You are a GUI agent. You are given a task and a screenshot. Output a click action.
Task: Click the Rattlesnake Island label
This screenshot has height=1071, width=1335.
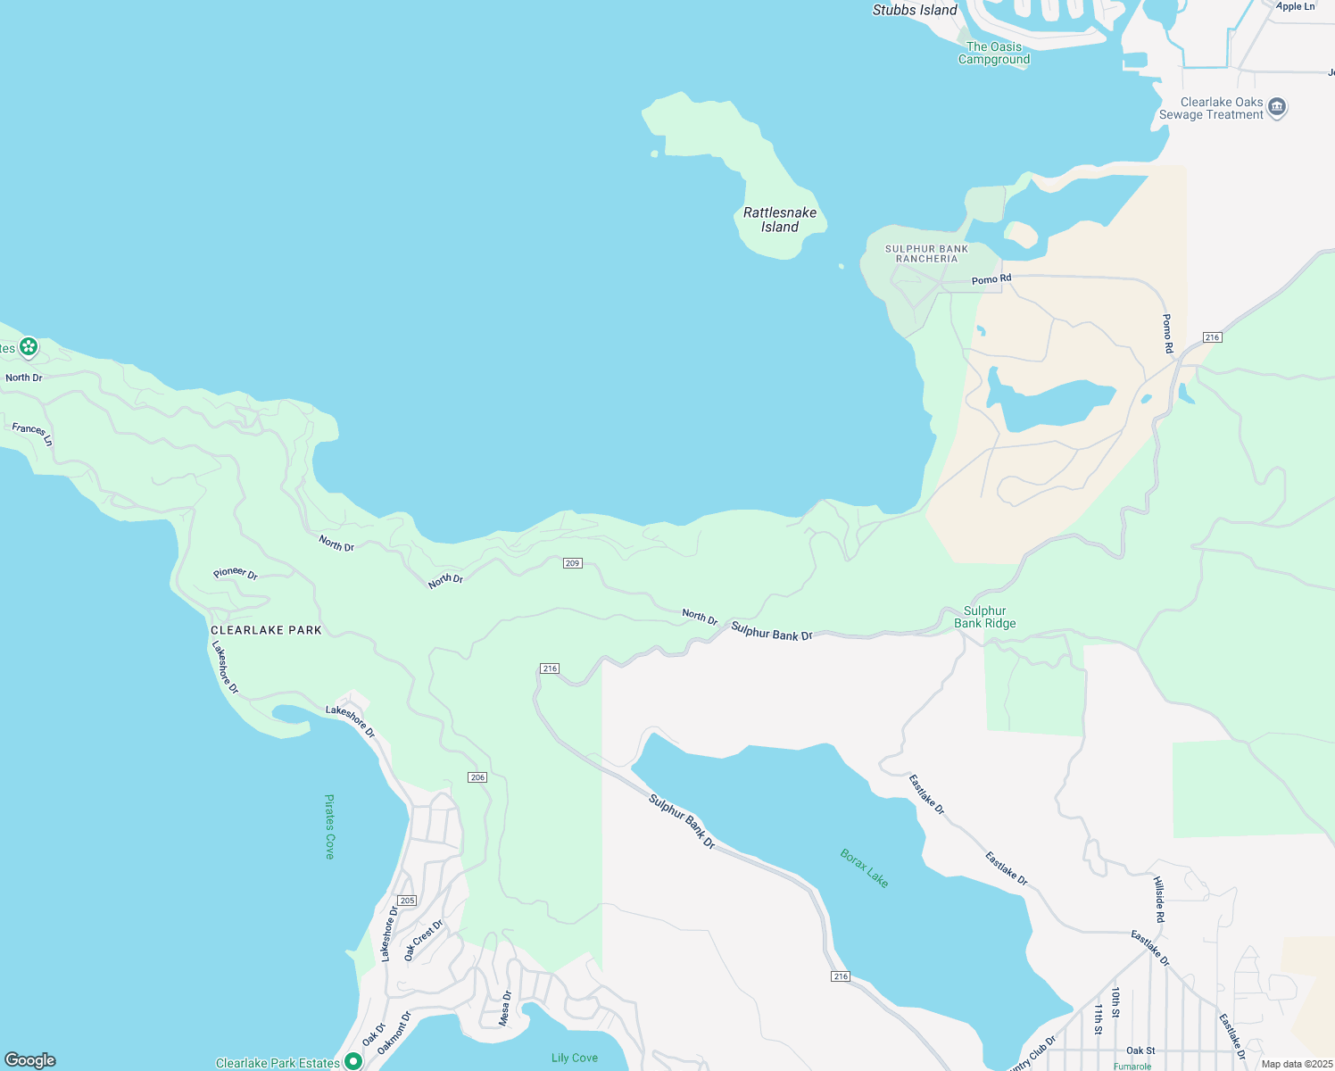pyautogui.click(x=780, y=220)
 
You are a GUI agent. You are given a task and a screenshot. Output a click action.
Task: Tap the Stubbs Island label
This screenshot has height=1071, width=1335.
pyautogui.click(x=915, y=11)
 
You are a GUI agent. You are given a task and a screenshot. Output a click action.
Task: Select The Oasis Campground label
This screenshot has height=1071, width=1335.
pyautogui.click(x=994, y=54)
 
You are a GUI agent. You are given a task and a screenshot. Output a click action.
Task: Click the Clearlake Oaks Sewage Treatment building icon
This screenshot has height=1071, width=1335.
pyautogui.click(x=1277, y=108)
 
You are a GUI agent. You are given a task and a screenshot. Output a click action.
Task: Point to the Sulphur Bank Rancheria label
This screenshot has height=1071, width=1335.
pyautogui.click(x=926, y=253)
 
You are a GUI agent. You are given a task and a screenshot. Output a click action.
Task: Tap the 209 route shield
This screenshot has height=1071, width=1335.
pyautogui.click(x=573, y=563)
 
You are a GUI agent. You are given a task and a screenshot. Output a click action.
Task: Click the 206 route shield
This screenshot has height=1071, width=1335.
pyautogui.click(x=477, y=777)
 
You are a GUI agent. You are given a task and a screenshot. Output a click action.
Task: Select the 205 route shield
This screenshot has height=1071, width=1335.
pyautogui.click(x=407, y=901)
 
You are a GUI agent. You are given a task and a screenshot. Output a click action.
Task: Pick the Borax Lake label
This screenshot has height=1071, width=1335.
pyautogui.click(x=864, y=868)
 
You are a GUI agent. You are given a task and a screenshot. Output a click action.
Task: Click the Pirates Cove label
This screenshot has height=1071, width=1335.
pyautogui.click(x=329, y=826)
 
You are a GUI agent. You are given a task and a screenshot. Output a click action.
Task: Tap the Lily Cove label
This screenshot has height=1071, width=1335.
pyautogui.click(x=574, y=1058)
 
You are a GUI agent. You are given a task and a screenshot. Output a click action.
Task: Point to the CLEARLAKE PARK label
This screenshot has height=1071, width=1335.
pyautogui.click(x=266, y=630)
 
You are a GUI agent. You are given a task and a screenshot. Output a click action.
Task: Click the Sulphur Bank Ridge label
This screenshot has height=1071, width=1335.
pyautogui.click(x=985, y=618)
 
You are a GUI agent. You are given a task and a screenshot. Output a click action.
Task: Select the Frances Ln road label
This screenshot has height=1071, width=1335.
pyautogui.click(x=32, y=435)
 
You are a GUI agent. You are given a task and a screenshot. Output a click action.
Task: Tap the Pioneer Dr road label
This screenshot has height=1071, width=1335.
pyautogui.click(x=236, y=574)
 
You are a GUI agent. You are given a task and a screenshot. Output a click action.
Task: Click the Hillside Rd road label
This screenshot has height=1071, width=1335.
pyautogui.click(x=1159, y=899)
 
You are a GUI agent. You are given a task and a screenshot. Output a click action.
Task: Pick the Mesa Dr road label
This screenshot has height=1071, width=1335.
pyautogui.click(x=506, y=1008)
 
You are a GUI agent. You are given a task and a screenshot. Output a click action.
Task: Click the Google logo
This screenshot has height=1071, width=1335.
pyautogui.click(x=30, y=1060)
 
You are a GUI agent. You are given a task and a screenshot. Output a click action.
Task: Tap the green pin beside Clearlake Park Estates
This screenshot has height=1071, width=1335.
pyautogui.click(x=353, y=1061)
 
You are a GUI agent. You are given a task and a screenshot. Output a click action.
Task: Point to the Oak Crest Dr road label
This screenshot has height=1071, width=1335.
pyautogui.click(x=423, y=940)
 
